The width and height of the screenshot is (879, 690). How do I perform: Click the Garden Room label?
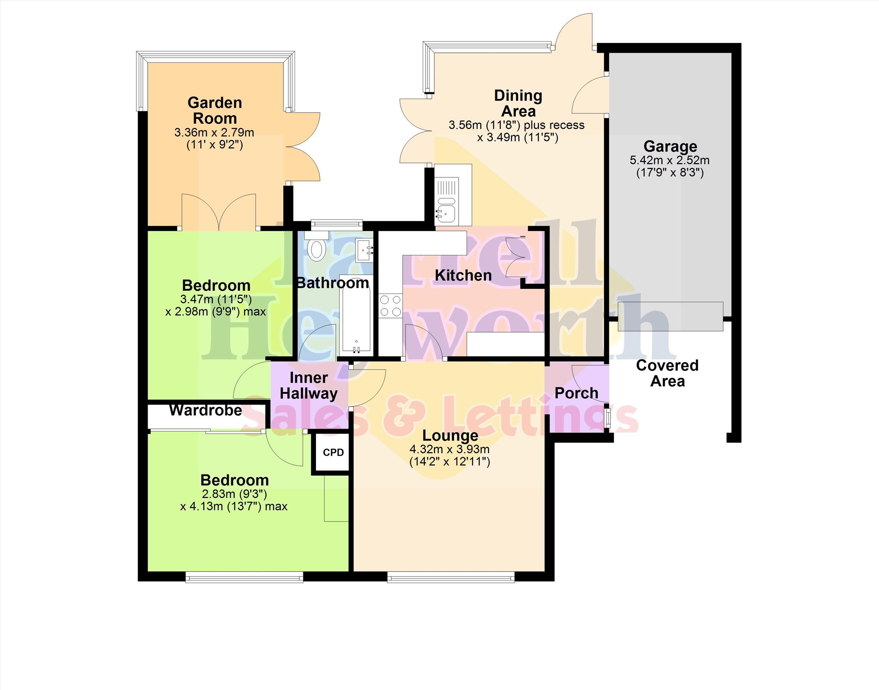click(x=215, y=110)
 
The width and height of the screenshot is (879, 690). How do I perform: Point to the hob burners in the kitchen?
click(x=390, y=306)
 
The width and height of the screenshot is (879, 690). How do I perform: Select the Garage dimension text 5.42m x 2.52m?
click(x=670, y=160)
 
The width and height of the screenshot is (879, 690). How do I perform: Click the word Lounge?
click(x=450, y=435)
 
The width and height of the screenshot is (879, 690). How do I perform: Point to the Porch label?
click(x=576, y=393)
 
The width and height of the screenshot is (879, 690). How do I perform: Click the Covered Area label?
click(x=667, y=373)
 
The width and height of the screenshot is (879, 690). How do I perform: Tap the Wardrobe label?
click(x=205, y=410)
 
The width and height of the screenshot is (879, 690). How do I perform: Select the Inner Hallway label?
click(x=309, y=386)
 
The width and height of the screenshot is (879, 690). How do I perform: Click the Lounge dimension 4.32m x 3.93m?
click(x=450, y=449)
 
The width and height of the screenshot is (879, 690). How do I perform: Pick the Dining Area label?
click(x=518, y=103)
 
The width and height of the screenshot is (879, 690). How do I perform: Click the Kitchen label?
click(x=463, y=276)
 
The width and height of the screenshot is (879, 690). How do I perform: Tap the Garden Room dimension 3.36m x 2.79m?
click(x=214, y=132)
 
